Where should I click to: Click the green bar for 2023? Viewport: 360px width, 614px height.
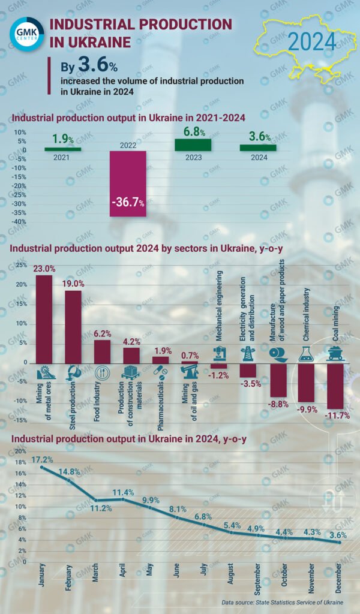[x=193, y=145]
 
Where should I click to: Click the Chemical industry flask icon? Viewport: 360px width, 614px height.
[x=307, y=354]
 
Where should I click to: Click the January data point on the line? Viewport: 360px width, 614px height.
[x=42, y=467]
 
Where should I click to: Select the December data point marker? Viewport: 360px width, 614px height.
[x=339, y=543]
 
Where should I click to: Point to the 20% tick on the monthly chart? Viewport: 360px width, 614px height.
[x=20, y=451]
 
